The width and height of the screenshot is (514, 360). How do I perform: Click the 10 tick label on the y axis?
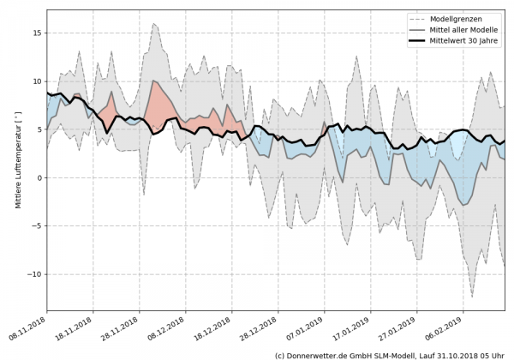click(x=36, y=81)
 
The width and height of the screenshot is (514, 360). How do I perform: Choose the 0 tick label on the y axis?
click(x=39, y=177)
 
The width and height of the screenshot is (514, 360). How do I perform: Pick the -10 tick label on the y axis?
click(x=33, y=274)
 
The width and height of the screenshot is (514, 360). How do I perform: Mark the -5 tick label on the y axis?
click(x=36, y=226)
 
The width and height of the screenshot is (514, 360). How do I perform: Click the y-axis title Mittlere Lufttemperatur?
click(x=16, y=161)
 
